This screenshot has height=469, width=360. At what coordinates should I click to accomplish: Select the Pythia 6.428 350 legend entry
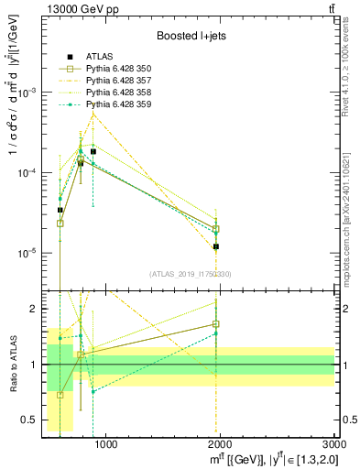pyautogui.click(x=119, y=69)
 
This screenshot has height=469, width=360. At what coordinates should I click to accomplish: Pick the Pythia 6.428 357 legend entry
pyautogui.click(x=119, y=81)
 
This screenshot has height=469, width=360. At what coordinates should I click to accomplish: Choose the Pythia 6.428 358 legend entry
pyautogui.click(x=119, y=93)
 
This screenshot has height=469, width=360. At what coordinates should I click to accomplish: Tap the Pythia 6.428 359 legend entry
pyautogui.click(x=119, y=104)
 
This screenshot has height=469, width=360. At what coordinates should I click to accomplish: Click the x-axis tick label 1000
pyautogui.click(x=106, y=444)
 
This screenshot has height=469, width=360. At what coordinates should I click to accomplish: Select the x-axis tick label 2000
pyautogui.click(x=221, y=444)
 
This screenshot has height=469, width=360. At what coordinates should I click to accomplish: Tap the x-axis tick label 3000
pyautogui.click(x=333, y=444)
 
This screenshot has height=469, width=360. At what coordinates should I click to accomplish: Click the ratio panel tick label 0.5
pyautogui.click(x=29, y=420)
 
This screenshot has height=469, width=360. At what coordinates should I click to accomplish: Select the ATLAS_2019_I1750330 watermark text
pyautogui.click(x=189, y=274)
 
